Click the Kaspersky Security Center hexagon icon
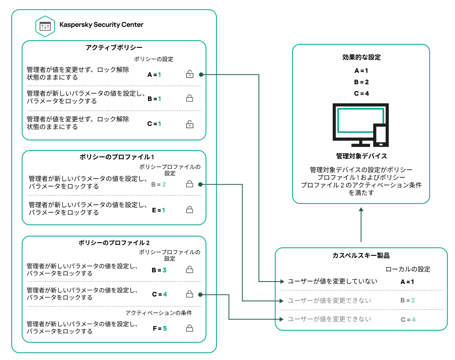45,26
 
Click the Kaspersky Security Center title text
101,25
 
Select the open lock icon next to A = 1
189,74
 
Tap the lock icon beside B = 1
189,98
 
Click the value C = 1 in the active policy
154,124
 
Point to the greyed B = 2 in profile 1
159,185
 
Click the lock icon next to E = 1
189,210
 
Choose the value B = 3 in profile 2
159,270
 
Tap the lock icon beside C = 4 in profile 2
189,294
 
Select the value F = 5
159,328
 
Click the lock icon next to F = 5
189,328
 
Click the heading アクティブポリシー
114,48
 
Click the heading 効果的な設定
361,58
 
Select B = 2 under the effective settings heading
361,82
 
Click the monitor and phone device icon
361,125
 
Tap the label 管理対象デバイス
361,156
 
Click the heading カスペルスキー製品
361,256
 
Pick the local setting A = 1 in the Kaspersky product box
407,282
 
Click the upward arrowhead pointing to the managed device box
361,210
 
